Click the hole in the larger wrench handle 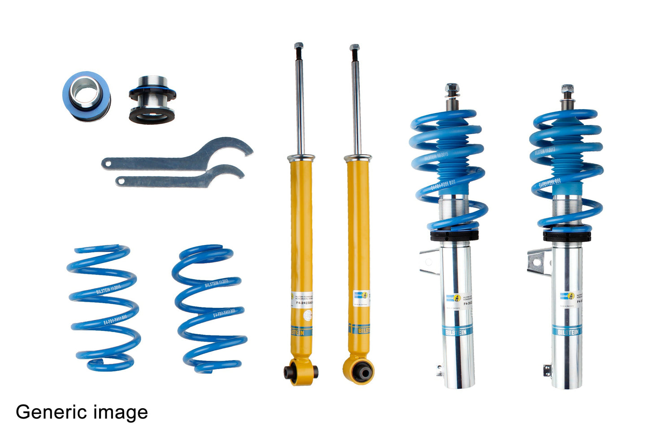(107, 163)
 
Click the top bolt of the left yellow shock (299, 47)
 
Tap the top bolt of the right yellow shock (354, 48)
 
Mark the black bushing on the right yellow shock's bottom (362, 371)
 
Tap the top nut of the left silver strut (452, 88)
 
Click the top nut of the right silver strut (567, 89)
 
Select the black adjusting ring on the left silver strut (454, 235)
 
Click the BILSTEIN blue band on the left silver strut (456, 332)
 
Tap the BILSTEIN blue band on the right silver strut (567, 332)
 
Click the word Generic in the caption (51, 412)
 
